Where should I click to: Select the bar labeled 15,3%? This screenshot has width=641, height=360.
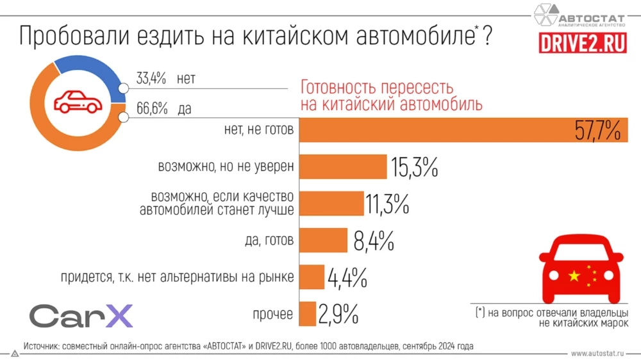click(344, 167)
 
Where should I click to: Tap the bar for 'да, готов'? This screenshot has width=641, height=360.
click(324, 241)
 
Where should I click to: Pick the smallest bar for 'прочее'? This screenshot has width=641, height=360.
click(308, 314)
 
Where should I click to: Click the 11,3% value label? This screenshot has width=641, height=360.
click(387, 204)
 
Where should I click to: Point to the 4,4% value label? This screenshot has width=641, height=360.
click(347, 278)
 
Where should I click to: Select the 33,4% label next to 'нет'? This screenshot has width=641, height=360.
click(151, 79)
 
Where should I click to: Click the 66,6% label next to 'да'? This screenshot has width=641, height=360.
click(151, 110)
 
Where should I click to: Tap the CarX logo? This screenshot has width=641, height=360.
click(81, 316)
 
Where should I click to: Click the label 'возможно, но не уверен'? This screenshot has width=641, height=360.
click(226, 167)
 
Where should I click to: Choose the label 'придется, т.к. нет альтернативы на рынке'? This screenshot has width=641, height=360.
click(178, 277)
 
